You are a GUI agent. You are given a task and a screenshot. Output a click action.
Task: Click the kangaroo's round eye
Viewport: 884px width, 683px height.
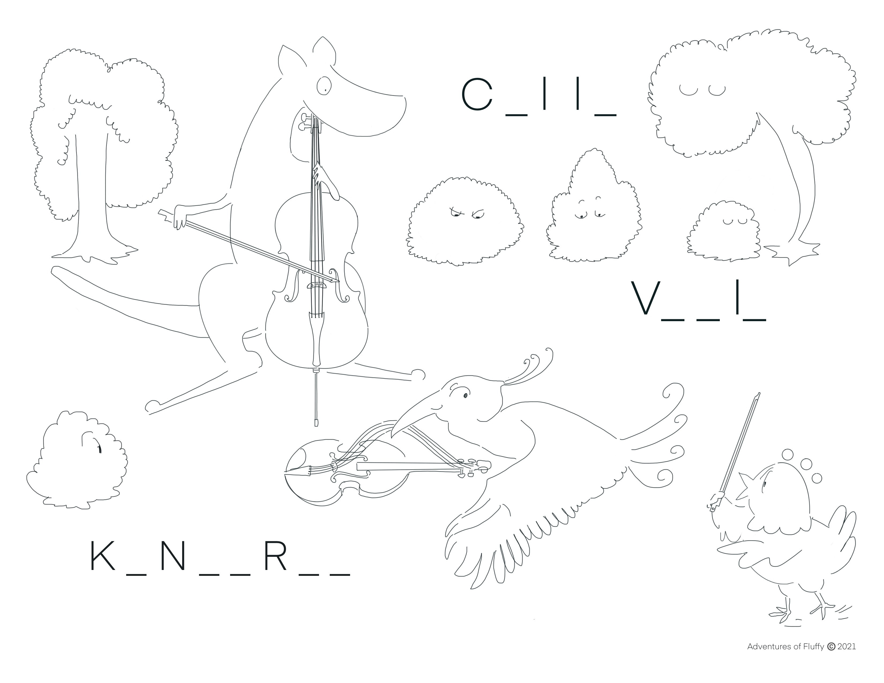pos(324,85)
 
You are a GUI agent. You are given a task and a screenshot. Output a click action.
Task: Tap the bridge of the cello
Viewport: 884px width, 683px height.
pos(317,286)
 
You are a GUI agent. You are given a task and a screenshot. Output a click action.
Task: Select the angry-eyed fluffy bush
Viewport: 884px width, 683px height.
pos(465,221)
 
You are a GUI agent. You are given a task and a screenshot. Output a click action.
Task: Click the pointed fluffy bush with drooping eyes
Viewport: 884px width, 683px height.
pos(591,206)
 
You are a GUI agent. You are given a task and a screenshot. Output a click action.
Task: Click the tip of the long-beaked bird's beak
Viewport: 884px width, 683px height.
pos(392,437)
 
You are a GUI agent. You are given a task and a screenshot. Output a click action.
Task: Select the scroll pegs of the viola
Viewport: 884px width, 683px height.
pos(474,467)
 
